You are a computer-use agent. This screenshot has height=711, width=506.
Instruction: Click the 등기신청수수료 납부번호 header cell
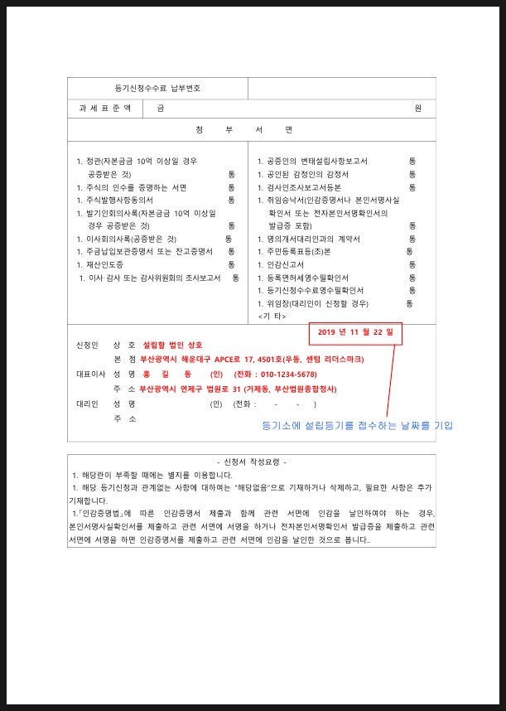coord(157,88)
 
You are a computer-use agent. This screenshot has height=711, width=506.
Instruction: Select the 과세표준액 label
coord(104,109)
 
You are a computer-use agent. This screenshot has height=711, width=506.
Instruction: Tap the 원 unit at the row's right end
coord(418,109)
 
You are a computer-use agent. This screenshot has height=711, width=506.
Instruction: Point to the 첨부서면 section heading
coord(251,130)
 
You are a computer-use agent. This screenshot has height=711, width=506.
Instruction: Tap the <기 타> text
coord(272,317)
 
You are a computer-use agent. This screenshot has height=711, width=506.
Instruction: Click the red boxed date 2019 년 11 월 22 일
coord(355,333)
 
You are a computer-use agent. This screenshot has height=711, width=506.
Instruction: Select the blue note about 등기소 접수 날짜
coord(357,425)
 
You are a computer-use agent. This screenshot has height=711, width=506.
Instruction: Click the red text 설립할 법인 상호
coord(173,345)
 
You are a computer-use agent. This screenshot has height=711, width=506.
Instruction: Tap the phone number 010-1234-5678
coord(287,375)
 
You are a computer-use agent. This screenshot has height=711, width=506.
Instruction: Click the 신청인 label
coord(87,345)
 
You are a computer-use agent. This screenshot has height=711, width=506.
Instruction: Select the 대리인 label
coord(87,404)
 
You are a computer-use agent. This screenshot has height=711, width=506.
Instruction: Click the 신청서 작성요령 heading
coord(251,462)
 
